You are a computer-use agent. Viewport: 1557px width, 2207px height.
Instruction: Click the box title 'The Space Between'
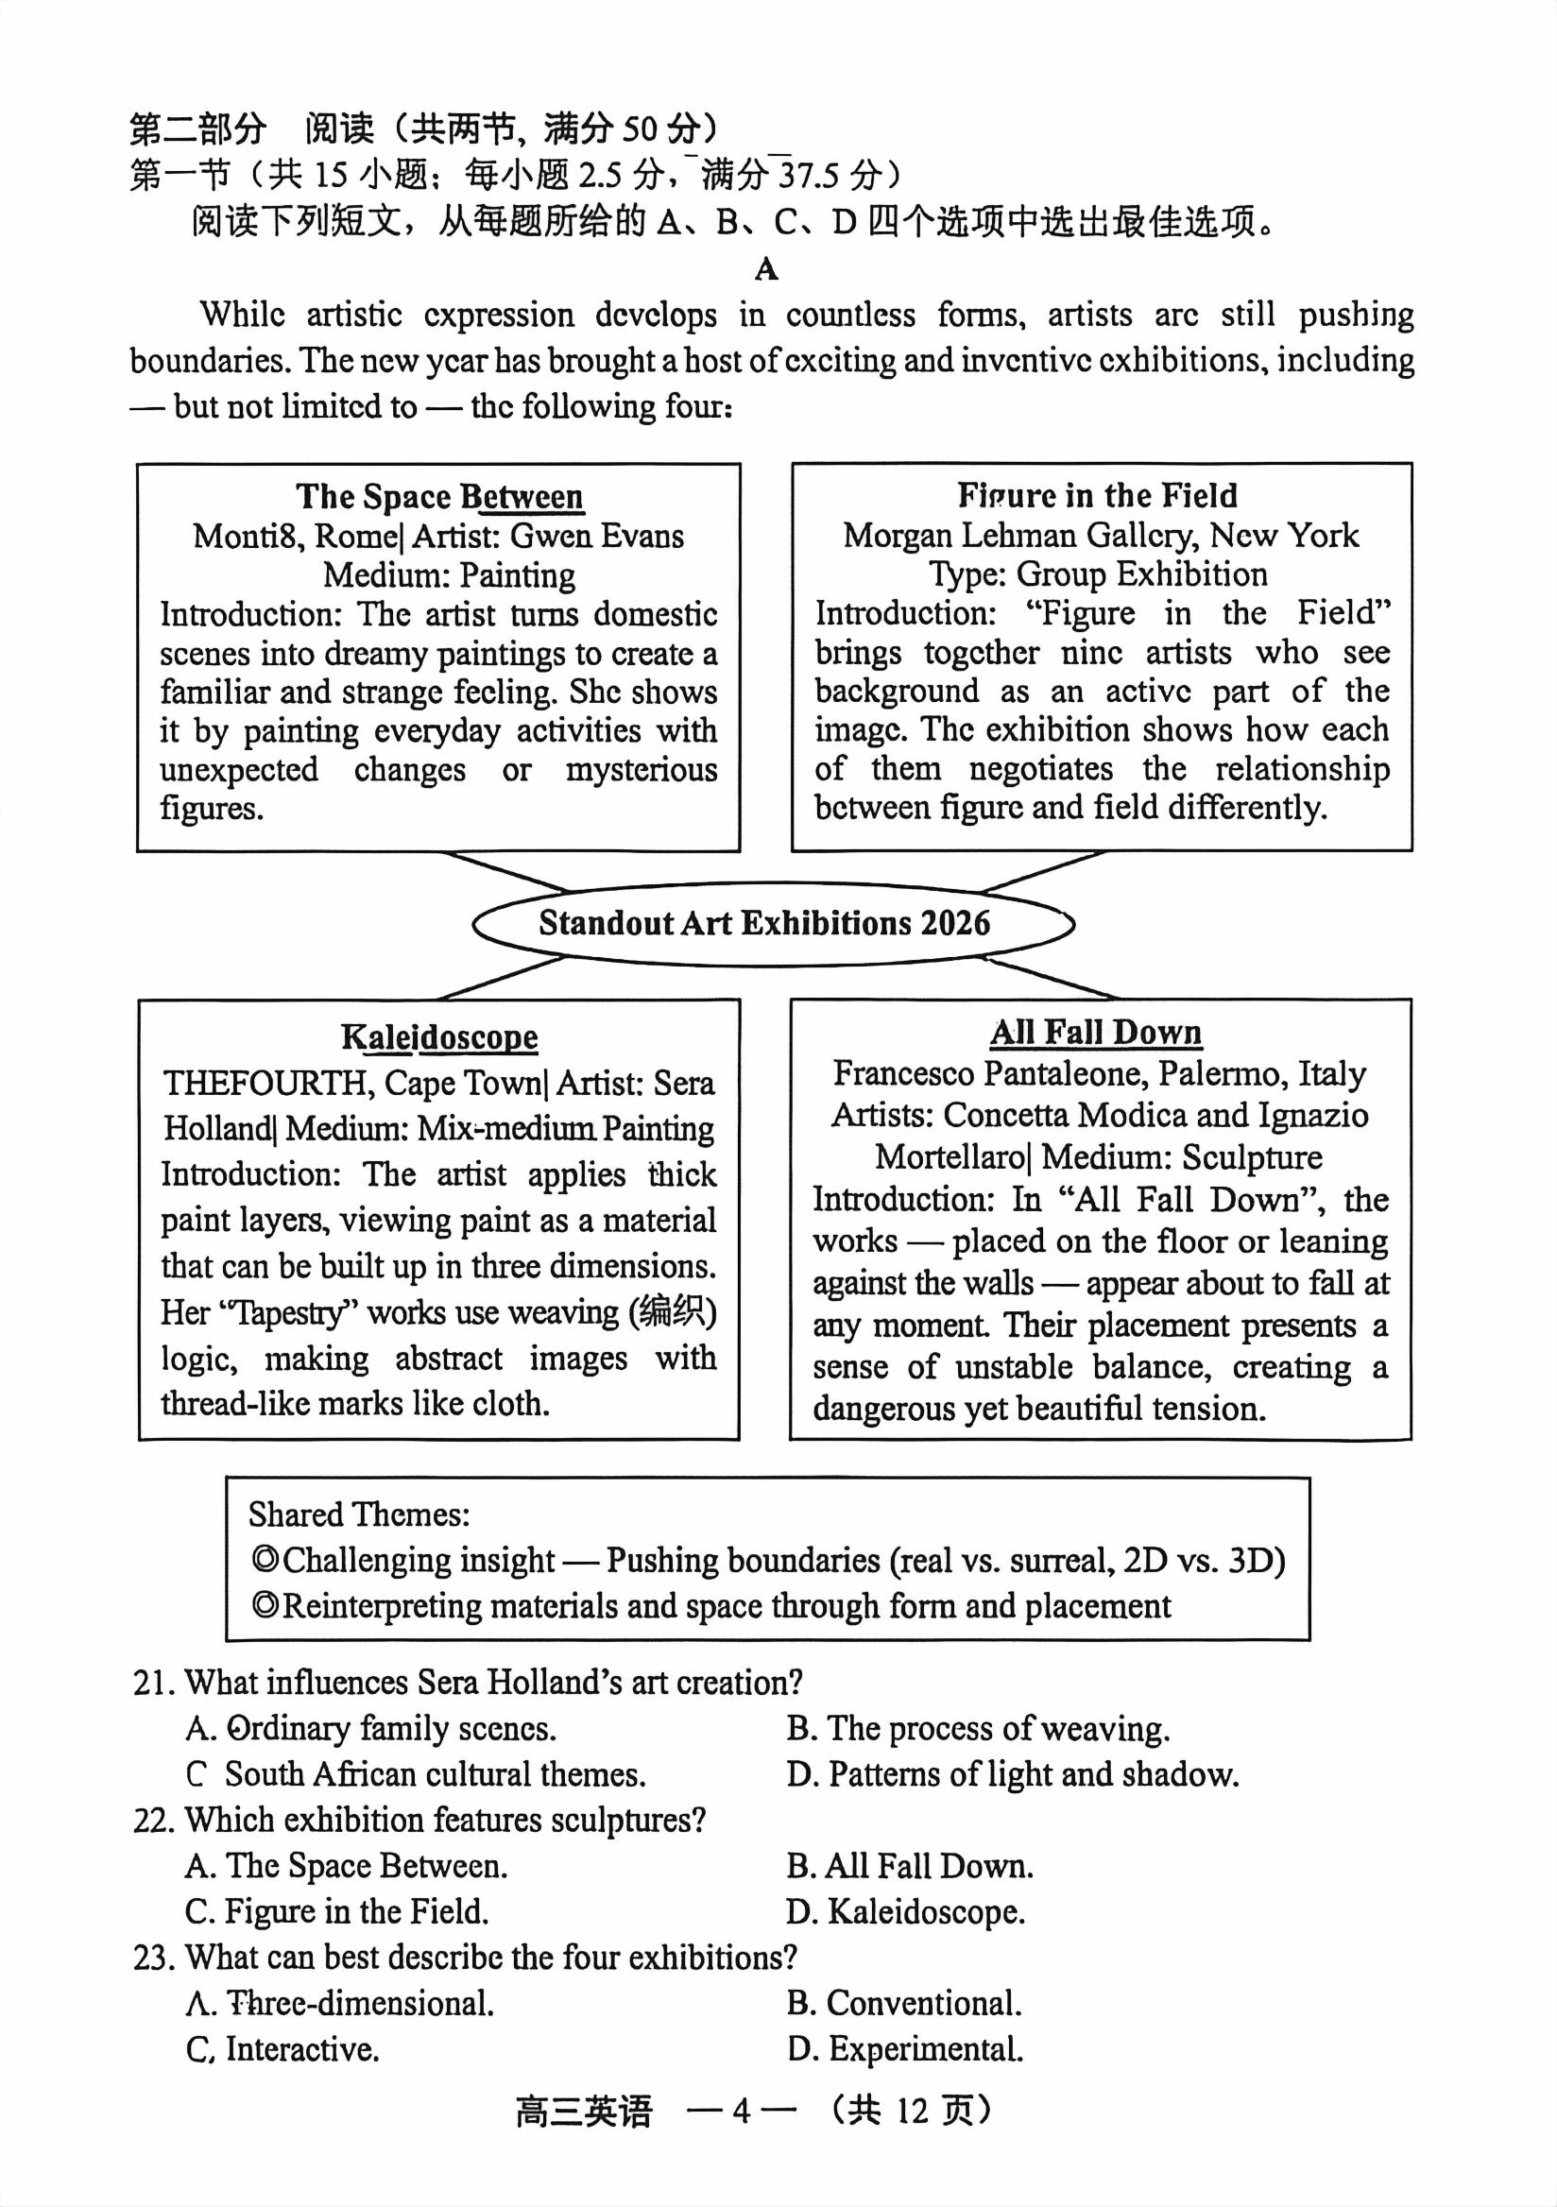pos(439,497)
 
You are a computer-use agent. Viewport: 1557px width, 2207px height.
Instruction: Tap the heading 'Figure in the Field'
pos(1097,496)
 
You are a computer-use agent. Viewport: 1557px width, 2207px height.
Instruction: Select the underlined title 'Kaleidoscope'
pos(439,1037)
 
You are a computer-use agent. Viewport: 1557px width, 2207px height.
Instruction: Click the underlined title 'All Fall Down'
pos(1096,1033)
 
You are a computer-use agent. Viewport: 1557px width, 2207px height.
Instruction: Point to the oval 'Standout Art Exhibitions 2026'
pos(764,923)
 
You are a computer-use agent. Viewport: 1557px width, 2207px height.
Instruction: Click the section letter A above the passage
pos(766,269)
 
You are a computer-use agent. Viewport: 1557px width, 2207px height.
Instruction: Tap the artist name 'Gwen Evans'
pos(597,536)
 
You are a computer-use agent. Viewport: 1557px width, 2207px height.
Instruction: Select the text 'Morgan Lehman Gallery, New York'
pos(1101,536)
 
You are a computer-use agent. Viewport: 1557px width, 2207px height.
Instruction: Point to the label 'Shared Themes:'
pos(358,1514)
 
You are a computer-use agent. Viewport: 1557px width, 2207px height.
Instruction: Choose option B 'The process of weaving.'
pos(978,1728)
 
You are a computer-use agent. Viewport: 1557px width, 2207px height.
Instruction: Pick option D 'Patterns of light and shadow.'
pos(1012,1774)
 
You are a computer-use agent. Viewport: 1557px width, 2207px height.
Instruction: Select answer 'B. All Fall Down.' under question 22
pos(909,1866)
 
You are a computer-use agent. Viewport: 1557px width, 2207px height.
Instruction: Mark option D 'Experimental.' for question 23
pos(904,2049)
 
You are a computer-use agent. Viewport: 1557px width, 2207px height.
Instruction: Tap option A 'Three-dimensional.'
pos(340,2003)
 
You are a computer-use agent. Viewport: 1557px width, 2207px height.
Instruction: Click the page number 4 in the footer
pos(740,2111)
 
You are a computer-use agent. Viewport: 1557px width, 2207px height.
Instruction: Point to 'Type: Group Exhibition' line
pos(1098,573)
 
